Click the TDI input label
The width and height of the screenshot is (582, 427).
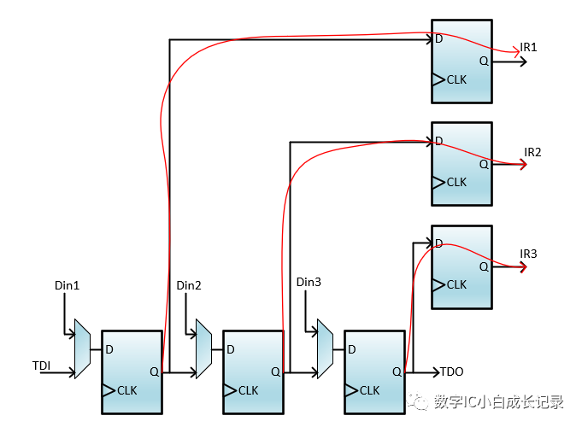click(x=42, y=366)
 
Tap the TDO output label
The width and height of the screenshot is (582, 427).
click(x=451, y=371)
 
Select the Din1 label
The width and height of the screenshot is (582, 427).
click(x=67, y=285)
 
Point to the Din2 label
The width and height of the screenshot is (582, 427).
click(x=188, y=285)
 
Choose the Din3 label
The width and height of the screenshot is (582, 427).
click(x=309, y=282)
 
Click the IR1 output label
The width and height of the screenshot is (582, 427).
click(x=530, y=47)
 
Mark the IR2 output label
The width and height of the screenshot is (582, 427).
click(x=533, y=152)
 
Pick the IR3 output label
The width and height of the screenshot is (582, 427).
click(x=529, y=254)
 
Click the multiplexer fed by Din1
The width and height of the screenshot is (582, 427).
click(x=82, y=348)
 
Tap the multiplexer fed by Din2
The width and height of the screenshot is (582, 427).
click(x=203, y=348)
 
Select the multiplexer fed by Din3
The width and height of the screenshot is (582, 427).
click(x=325, y=348)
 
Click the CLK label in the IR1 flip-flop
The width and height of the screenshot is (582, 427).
click(x=456, y=79)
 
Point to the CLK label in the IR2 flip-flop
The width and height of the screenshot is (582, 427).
click(x=456, y=182)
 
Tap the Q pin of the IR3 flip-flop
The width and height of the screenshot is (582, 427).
click(x=484, y=266)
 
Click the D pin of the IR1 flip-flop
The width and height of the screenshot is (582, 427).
click(x=438, y=39)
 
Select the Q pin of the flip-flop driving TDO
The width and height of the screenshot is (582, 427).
click(x=397, y=371)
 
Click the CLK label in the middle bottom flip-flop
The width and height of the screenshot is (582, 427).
click(x=248, y=390)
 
